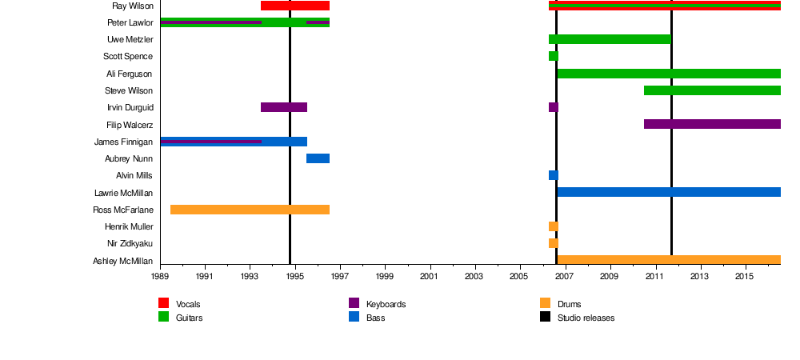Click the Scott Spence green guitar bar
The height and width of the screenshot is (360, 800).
tap(553, 56)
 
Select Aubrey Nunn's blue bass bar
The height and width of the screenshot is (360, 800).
tap(318, 158)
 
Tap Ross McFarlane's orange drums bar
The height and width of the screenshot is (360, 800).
tap(250, 210)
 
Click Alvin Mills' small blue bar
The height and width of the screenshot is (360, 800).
tap(553, 175)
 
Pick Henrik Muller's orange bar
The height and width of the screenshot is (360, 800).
tap(553, 226)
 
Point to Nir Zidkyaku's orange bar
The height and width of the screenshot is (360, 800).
tap(553, 243)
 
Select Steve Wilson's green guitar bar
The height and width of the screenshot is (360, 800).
tap(712, 90)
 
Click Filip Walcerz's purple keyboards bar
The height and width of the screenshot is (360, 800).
tap(712, 124)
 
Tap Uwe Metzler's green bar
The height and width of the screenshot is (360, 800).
tap(610, 39)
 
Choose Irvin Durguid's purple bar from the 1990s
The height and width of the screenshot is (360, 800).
tap(284, 107)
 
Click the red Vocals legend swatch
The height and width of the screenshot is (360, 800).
tap(164, 303)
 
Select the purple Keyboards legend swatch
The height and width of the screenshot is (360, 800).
tap(354, 303)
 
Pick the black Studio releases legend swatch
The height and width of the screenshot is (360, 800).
tap(545, 317)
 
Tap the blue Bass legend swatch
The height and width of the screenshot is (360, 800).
tap(354, 317)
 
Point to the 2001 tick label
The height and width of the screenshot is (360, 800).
tap(430, 277)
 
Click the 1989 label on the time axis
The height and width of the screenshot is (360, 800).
tap(160, 277)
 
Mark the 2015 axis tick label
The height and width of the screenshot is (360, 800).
tap(746, 277)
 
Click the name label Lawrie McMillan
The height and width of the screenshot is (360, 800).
tap(123, 193)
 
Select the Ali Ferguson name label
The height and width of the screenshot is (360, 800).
tap(129, 74)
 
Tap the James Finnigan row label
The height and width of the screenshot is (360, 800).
tap(123, 142)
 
